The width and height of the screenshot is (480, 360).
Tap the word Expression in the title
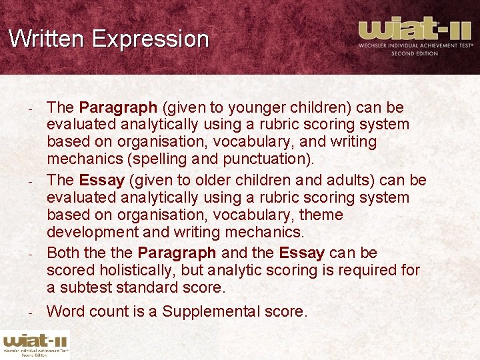click(151, 39)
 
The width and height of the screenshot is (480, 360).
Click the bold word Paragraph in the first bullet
click(118, 107)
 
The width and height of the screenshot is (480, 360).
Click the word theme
click(321, 215)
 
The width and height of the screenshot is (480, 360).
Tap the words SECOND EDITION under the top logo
click(415, 53)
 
